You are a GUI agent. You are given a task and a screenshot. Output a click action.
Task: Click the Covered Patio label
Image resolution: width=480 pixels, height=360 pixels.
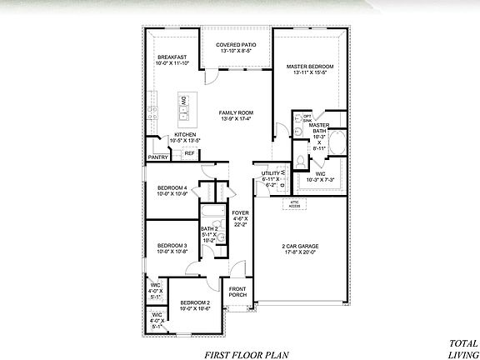(x=236, y=44)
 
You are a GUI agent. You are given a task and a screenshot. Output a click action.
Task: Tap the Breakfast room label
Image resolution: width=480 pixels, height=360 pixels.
(x=172, y=57)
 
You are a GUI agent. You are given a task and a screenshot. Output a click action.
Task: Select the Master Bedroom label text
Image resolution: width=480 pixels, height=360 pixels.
(x=309, y=65)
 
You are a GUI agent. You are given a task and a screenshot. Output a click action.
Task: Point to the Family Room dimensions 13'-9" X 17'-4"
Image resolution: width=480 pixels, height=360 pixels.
(x=237, y=119)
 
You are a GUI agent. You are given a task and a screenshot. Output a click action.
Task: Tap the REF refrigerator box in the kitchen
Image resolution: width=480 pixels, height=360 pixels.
(x=189, y=153)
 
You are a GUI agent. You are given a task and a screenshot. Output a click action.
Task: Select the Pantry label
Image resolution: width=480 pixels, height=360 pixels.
(x=158, y=157)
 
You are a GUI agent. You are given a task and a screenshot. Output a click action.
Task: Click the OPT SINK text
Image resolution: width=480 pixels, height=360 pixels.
(x=307, y=117)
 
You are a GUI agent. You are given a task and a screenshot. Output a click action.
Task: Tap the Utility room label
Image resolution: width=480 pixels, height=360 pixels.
(x=270, y=172)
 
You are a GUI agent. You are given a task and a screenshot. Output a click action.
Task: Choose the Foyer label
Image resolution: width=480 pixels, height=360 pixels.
(x=240, y=212)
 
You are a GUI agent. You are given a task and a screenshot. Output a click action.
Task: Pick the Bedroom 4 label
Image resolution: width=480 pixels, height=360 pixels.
(x=172, y=188)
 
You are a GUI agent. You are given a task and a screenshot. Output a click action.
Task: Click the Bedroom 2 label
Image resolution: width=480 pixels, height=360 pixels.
(x=194, y=302)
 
